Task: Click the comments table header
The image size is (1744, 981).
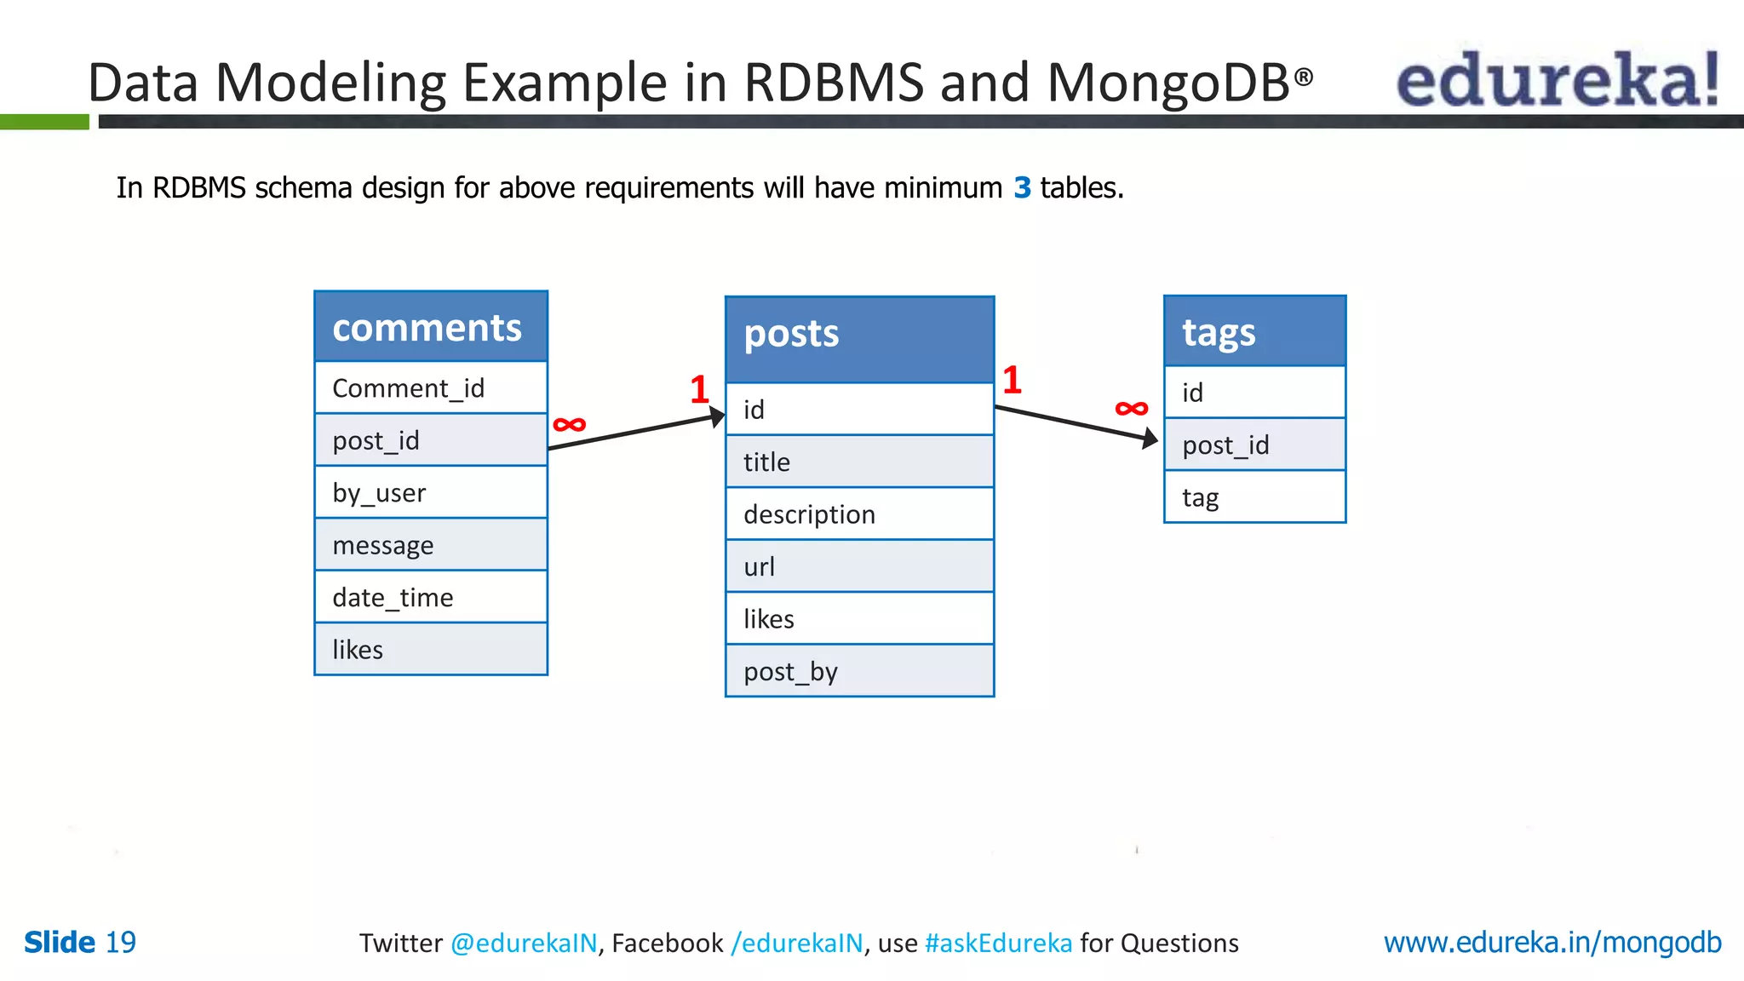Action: pyautogui.click(x=430, y=327)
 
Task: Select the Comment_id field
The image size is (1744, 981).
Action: pyautogui.click(x=430, y=388)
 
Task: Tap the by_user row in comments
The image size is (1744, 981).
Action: pyautogui.click(x=430, y=493)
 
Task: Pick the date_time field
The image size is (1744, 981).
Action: pyautogui.click(x=430, y=598)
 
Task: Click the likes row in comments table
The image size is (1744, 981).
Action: pyautogui.click(x=430, y=650)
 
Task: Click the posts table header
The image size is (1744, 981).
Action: pyautogui.click(x=859, y=338)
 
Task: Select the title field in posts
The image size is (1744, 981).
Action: pyautogui.click(x=859, y=462)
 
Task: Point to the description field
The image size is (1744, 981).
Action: pyautogui.click(x=859, y=514)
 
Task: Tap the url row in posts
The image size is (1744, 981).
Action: pyautogui.click(x=859, y=567)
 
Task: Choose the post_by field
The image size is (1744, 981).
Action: pyautogui.click(x=859, y=672)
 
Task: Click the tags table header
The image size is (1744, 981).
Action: pyautogui.click(x=1254, y=332)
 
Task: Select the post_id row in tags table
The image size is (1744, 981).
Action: pyautogui.click(x=1254, y=445)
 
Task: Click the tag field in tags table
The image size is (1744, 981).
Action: pyautogui.click(x=1254, y=497)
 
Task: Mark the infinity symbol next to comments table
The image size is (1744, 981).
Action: pyautogui.click(x=569, y=424)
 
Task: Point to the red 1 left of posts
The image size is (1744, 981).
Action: pyautogui.click(x=699, y=390)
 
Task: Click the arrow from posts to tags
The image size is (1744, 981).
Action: pyautogui.click(x=1076, y=423)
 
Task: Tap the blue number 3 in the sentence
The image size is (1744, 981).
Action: pyautogui.click(x=1022, y=187)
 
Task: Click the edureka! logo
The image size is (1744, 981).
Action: pyautogui.click(x=1557, y=79)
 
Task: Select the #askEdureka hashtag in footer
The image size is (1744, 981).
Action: pyautogui.click(x=998, y=943)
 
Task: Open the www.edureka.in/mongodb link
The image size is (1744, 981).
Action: pyautogui.click(x=1552, y=942)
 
